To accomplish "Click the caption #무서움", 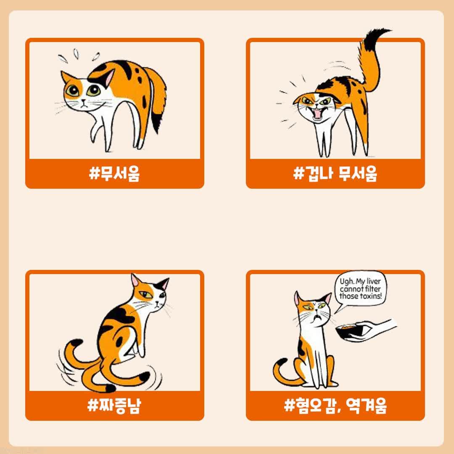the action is click(x=114, y=174).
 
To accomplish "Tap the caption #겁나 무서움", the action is click(x=335, y=174).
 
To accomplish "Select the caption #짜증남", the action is click(x=114, y=406).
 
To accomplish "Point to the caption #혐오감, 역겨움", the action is click(x=335, y=406).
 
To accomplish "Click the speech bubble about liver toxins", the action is click(x=360, y=289).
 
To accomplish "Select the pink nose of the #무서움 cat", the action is click(x=83, y=100).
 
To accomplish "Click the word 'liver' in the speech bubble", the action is click(x=374, y=281).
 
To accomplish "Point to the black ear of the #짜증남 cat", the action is click(x=162, y=284).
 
